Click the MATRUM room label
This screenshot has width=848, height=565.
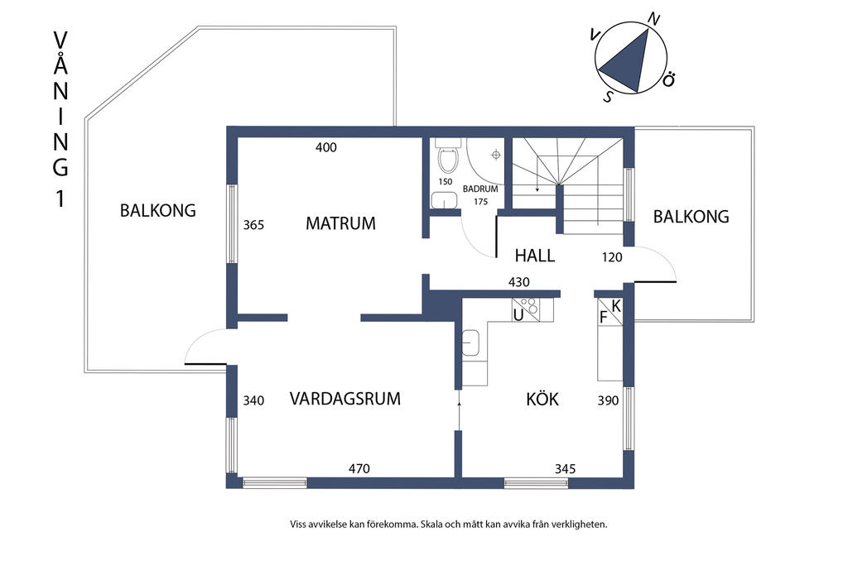[x=340, y=223]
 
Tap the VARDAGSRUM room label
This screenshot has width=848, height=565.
[x=345, y=399]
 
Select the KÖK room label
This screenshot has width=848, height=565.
[x=542, y=399]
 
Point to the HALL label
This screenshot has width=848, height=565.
[x=535, y=256]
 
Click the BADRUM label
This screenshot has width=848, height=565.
[x=480, y=189]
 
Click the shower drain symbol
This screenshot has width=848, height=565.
[x=495, y=156]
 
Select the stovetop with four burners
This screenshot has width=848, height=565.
[x=527, y=309]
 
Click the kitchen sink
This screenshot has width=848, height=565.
[x=470, y=343]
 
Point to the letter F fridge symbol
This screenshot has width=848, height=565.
[x=604, y=318]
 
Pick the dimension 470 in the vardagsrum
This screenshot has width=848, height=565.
[x=359, y=468]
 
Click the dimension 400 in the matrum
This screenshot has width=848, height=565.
[x=326, y=147]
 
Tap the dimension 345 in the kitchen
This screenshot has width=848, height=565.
[x=565, y=469]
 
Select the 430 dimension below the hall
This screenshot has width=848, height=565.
[x=519, y=281]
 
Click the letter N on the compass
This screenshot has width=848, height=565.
[x=654, y=20]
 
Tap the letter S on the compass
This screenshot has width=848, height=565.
[x=609, y=98]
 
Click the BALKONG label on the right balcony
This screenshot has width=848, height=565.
[x=691, y=217]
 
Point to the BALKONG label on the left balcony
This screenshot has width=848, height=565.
[x=158, y=210]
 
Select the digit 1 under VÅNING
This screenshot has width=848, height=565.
[x=60, y=199]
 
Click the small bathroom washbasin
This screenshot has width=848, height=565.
[x=445, y=200]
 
